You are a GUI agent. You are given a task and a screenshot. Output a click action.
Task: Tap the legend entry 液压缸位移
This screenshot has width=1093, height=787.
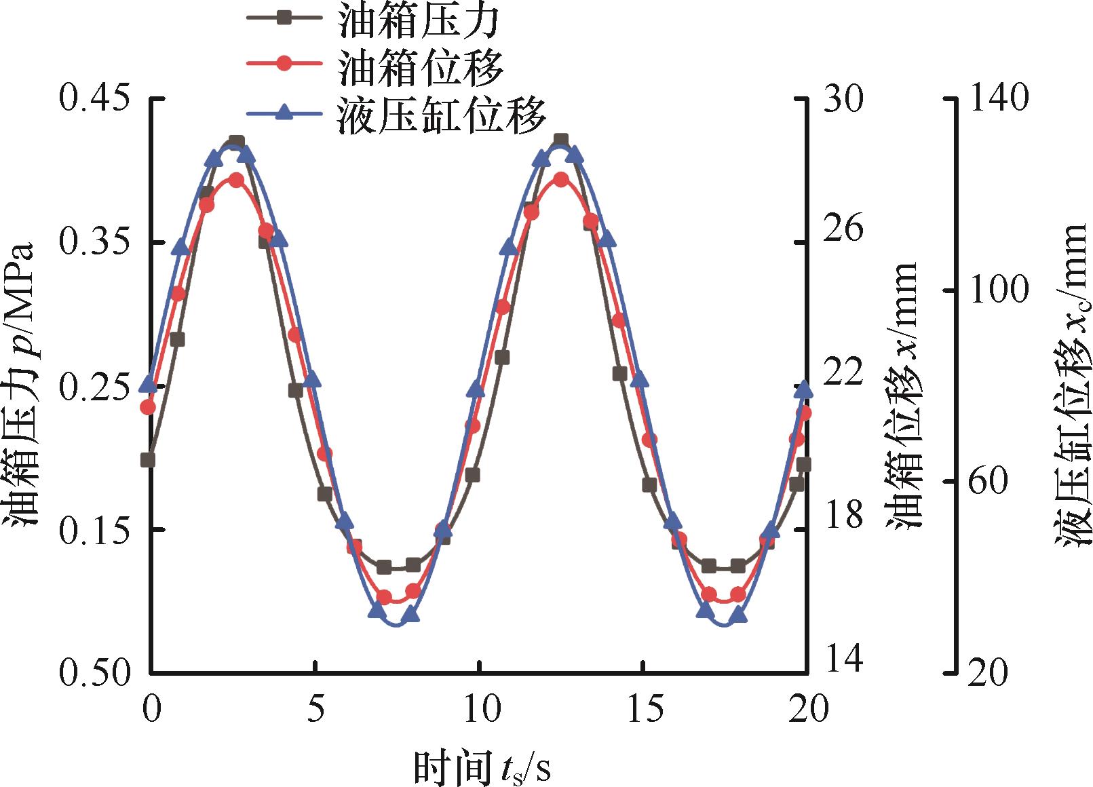click(441, 115)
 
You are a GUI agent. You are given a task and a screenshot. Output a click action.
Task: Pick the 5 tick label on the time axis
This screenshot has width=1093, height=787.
click(315, 709)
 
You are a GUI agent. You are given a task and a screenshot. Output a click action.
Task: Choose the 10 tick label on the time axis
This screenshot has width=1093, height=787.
click(479, 709)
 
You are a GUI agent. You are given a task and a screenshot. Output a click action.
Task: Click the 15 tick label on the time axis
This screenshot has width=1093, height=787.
click(643, 709)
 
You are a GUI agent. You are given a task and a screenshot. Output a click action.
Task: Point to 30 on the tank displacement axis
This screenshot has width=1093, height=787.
click(845, 99)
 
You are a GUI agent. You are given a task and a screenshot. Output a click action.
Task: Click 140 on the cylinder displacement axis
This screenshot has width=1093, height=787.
click(1001, 99)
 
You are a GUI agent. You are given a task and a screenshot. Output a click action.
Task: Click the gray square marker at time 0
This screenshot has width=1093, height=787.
click(148, 461)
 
